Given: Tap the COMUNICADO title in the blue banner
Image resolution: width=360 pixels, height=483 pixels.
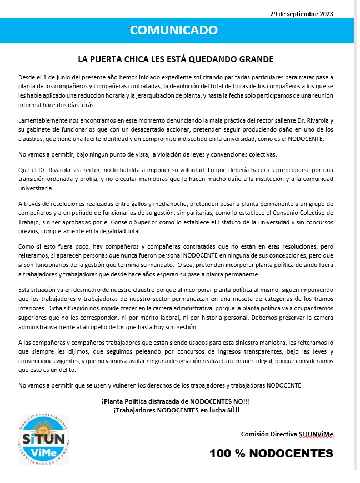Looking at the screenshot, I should click(174, 30).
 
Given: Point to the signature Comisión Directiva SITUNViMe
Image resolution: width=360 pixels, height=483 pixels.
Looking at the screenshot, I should click(287, 434).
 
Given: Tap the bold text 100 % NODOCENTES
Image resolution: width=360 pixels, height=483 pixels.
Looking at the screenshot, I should click(271, 454).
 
